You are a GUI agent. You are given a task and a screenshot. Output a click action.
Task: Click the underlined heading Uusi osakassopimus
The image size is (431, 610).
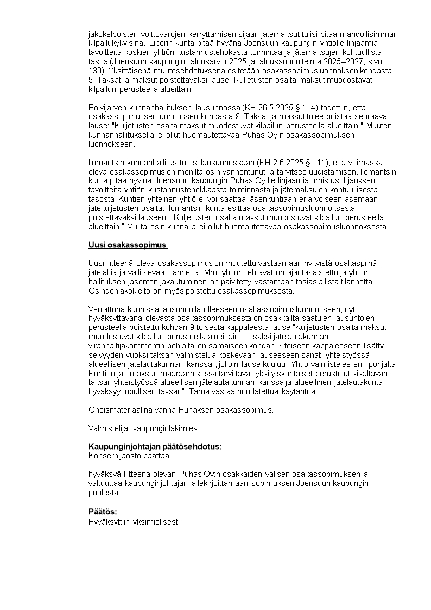(x=127, y=245)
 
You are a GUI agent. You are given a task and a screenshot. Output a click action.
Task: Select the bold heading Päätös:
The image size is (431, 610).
(x=103, y=512)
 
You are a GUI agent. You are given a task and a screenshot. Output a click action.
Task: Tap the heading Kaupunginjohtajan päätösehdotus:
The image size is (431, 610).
(x=155, y=446)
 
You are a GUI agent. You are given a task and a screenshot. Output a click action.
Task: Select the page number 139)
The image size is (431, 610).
(x=97, y=71)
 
